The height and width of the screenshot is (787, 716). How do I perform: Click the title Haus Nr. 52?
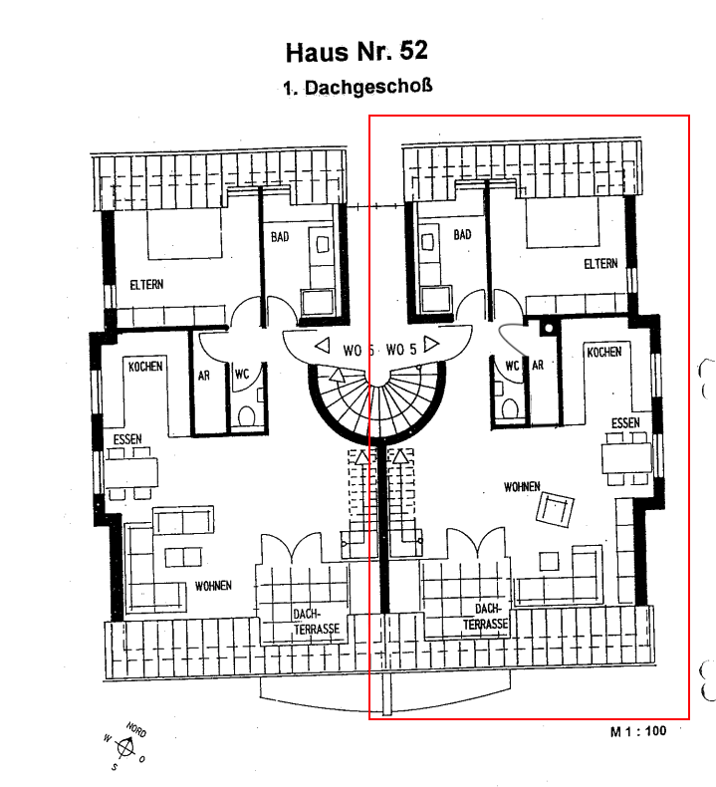(x=357, y=52)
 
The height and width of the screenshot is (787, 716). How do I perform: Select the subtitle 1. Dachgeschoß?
(x=358, y=87)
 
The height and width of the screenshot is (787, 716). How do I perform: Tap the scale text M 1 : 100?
(x=638, y=731)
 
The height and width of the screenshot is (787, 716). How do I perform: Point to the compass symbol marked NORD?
(x=125, y=747)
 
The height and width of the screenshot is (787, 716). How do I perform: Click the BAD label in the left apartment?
(x=280, y=236)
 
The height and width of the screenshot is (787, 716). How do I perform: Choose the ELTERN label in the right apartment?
(x=600, y=264)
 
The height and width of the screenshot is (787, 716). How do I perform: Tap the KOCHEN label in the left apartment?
(x=145, y=367)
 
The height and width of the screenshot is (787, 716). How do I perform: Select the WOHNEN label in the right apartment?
(x=522, y=486)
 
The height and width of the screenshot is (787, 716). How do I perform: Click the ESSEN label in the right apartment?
(x=625, y=423)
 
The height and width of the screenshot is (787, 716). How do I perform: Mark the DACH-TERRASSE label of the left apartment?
(x=316, y=622)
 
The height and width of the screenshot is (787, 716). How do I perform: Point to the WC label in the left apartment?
(x=242, y=374)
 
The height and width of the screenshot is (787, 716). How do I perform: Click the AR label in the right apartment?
(x=538, y=365)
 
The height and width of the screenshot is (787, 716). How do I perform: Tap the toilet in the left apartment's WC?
(x=246, y=416)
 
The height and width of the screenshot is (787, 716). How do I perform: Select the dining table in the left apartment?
(x=131, y=473)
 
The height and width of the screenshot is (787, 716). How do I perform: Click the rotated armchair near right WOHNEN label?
(x=555, y=509)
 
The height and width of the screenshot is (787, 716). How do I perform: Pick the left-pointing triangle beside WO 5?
(x=322, y=346)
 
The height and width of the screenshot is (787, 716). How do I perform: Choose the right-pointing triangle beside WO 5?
(x=431, y=344)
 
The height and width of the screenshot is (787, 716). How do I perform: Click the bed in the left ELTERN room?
(x=184, y=234)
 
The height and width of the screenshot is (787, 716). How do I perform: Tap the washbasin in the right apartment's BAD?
(x=427, y=242)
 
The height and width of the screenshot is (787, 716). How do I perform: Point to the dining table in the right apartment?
(x=626, y=457)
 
